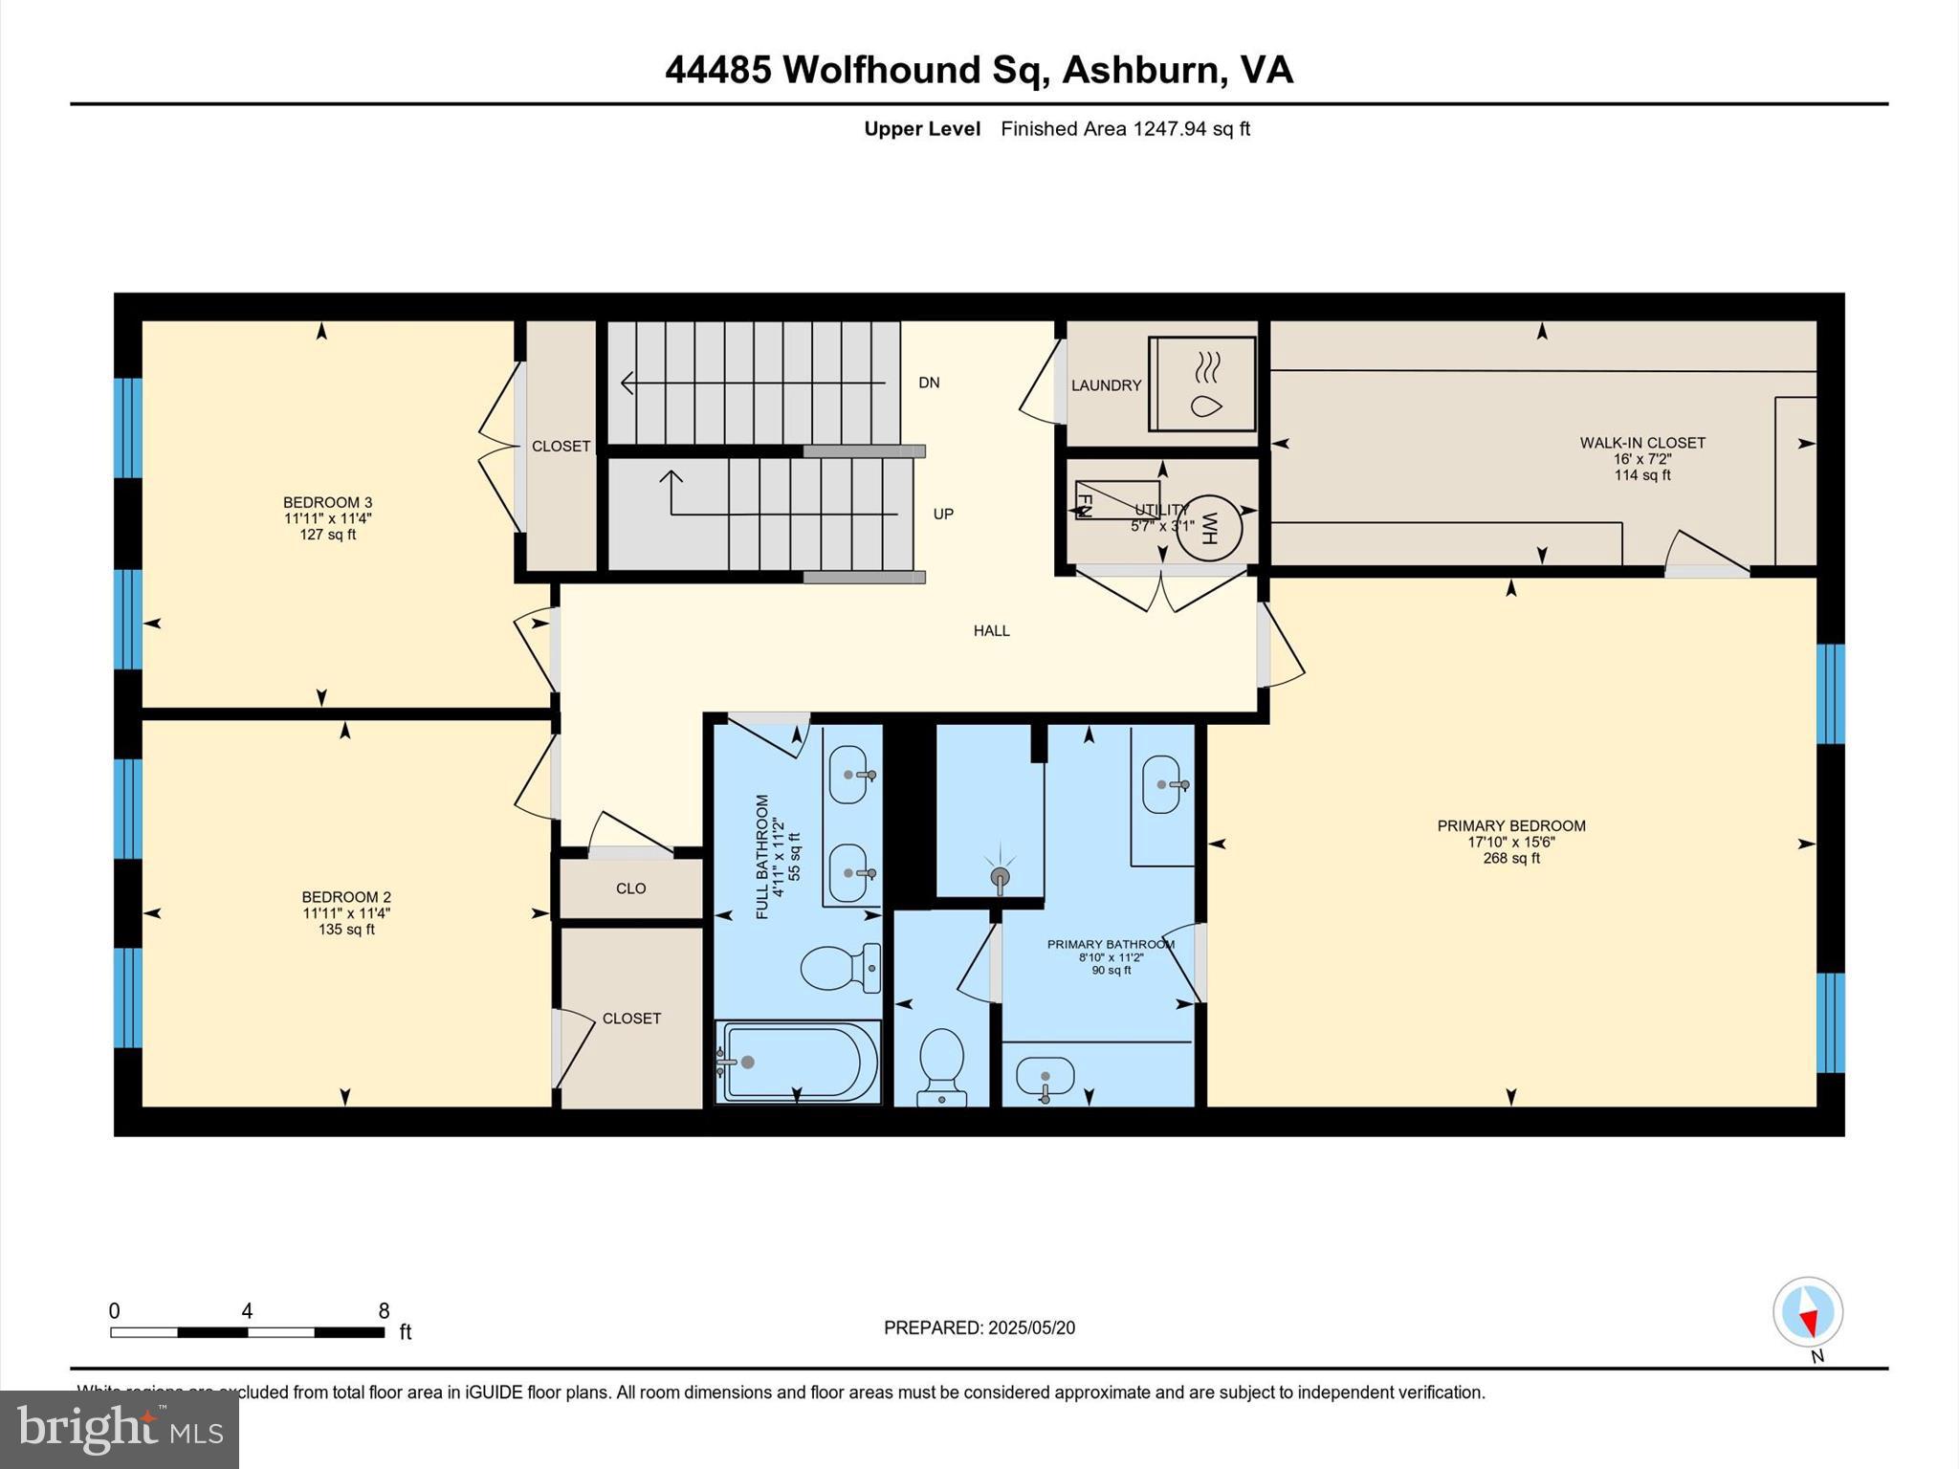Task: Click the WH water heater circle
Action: pos(1208,527)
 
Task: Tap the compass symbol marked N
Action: pos(1807,1312)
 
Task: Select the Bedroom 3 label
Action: pos(327,502)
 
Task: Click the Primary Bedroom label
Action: pos(1511,825)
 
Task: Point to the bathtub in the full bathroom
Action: pos(798,1063)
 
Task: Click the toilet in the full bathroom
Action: pos(840,968)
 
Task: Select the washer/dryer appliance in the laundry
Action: pos(1202,384)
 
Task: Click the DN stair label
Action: pos(929,383)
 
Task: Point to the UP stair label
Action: pos(943,514)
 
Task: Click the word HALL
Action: pos(992,630)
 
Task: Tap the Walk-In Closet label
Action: pos(1642,443)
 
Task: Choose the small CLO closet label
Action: pos(630,888)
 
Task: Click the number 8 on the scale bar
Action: pos(384,1310)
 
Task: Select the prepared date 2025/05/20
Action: pos(1031,1327)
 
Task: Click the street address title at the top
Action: pos(979,70)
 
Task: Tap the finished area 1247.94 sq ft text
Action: pos(1125,129)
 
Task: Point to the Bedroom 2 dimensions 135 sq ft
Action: pos(346,930)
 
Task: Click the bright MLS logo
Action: pos(120,1429)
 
